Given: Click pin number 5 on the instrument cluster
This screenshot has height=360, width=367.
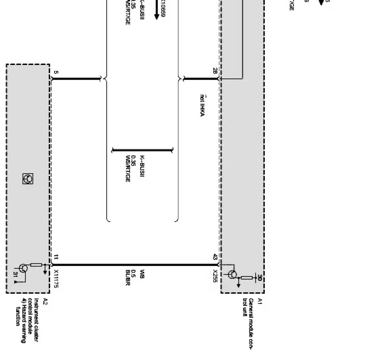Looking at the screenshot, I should pyautogui.click(x=56, y=72).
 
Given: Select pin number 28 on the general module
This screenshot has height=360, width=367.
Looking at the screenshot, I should pyautogui.click(x=215, y=71).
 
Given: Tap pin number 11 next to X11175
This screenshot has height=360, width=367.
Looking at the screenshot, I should pyautogui.click(x=56, y=257).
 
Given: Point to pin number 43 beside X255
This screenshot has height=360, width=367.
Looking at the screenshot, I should pyautogui.click(x=215, y=257).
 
